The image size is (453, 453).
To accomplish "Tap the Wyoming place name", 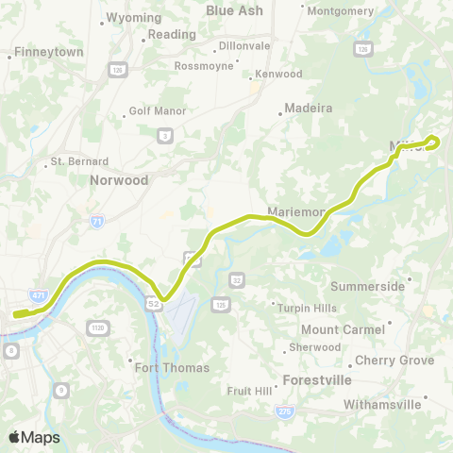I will click(x=134, y=17).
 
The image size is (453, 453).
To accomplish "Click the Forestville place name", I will click(x=317, y=380).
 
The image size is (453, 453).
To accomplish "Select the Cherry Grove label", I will click(x=394, y=361).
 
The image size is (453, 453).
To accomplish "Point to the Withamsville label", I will click(x=408, y=404).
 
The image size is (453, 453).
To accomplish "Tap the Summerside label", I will click(x=368, y=286).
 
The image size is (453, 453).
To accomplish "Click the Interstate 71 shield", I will click(x=96, y=221).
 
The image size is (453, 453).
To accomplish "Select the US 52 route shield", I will click(x=153, y=304).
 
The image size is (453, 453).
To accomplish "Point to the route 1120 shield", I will click(x=96, y=327).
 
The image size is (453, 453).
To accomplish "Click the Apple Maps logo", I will click(x=34, y=437).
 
